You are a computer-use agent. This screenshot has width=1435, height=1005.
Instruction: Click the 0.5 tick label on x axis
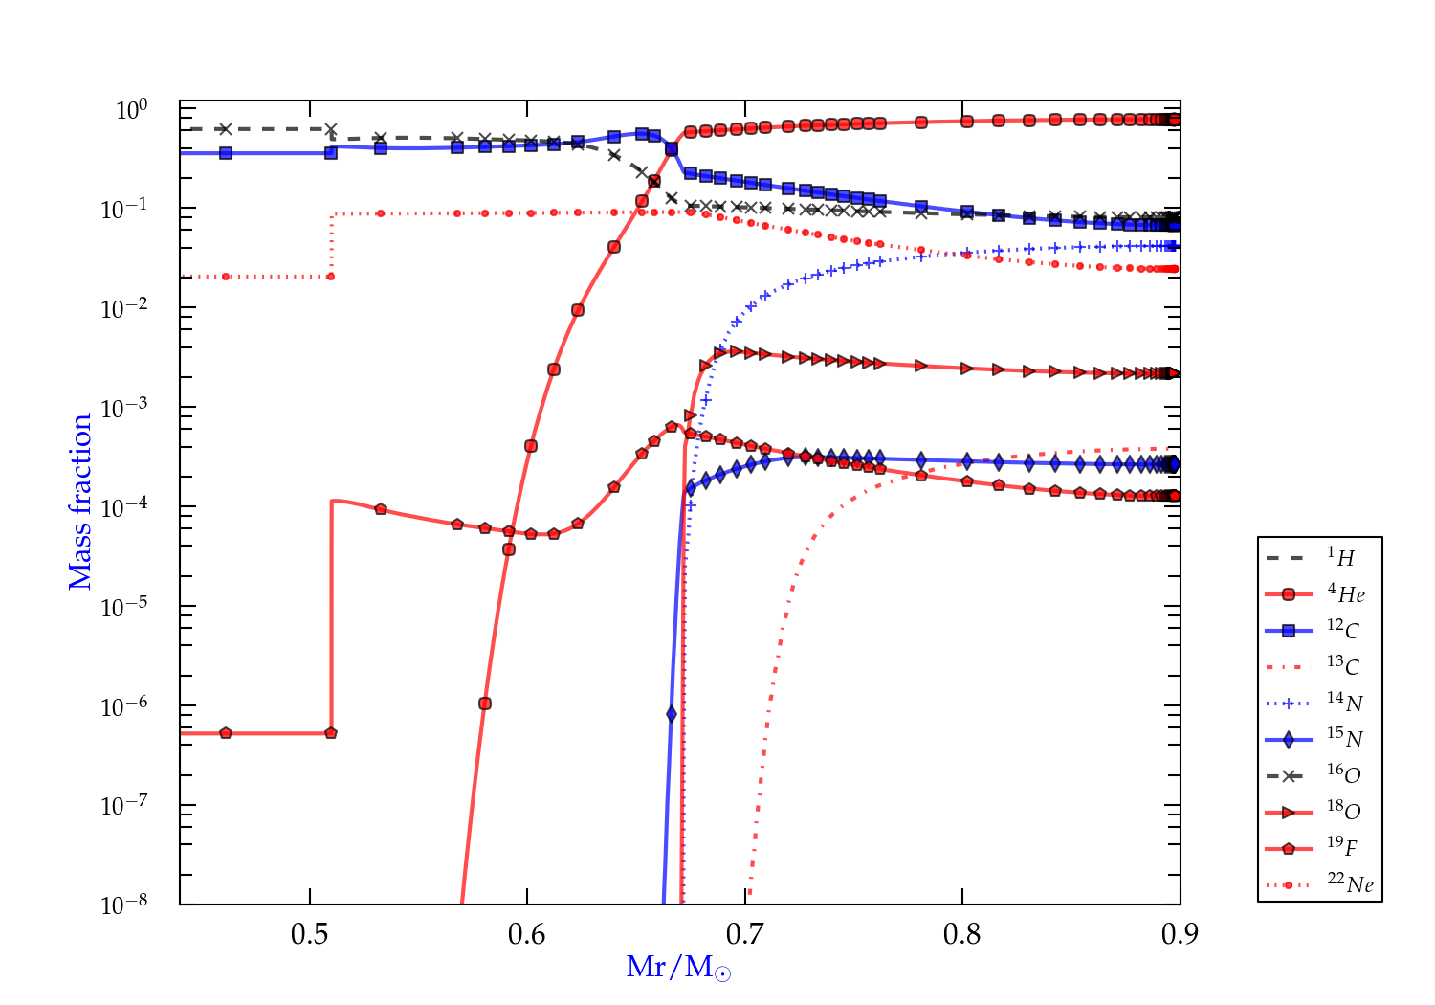[310, 934]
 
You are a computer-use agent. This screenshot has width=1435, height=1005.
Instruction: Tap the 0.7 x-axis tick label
[745, 934]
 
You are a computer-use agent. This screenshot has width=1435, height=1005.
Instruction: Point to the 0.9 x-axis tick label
[1180, 934]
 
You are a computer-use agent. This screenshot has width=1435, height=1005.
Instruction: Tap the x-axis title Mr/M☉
[678, 968]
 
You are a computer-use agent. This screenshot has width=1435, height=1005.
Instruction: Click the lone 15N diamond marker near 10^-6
[672, 714]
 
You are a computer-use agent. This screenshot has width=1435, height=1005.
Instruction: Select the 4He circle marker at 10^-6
[485, 703]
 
